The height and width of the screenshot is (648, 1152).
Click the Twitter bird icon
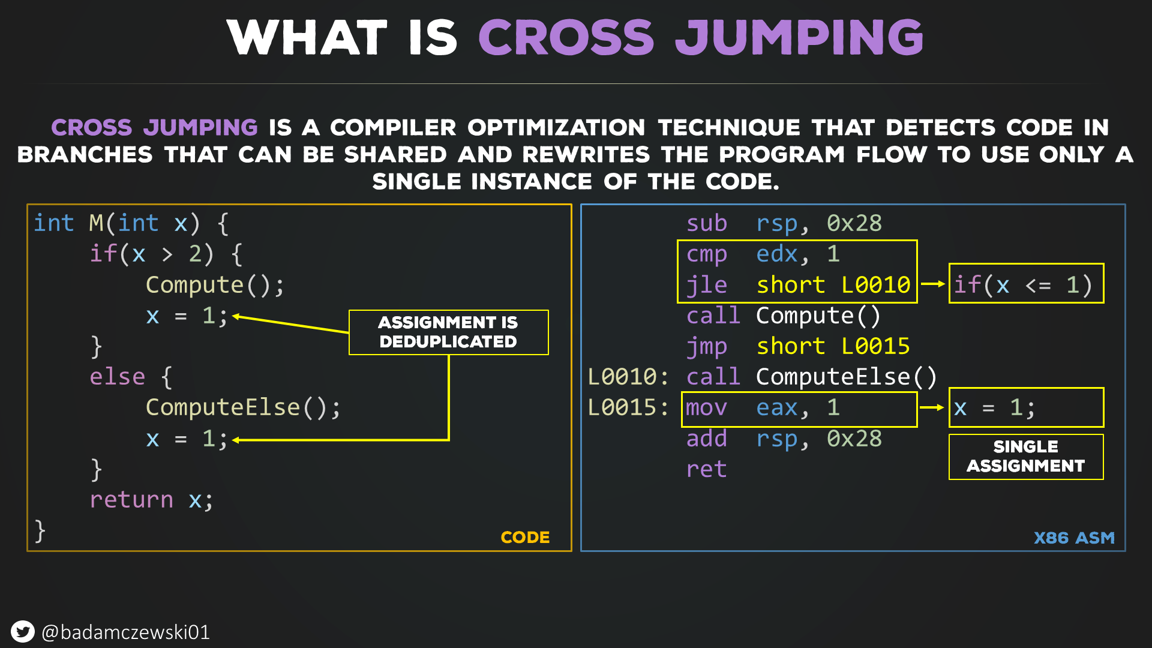(x=23, y=632)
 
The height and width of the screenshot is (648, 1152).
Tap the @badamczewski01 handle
(x=125, y=632)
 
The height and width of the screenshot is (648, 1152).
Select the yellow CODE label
(x=525, y=537)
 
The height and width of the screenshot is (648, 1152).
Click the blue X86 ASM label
(x=1074, y=538)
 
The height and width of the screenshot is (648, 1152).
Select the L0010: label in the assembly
(x=628, y=377)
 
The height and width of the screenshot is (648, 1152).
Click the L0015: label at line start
(x=628, y=407)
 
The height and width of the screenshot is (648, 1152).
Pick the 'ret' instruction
(x=706, y=469)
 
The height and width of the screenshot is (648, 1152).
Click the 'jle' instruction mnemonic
(x=706, y=285)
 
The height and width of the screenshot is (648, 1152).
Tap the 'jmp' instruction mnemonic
(x=706, y=347)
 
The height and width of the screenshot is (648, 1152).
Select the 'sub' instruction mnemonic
(x=706, y=223)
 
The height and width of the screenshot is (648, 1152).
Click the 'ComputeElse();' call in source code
(x=243, y=408)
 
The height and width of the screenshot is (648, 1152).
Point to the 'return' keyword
(x=131, y=500)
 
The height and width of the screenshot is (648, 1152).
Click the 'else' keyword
(x=118, y=377)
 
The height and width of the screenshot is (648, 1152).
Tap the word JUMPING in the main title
(x=799, y=37)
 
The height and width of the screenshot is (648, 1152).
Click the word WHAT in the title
(x=307, y=37)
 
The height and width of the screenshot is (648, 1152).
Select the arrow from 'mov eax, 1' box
(x=932, y=407)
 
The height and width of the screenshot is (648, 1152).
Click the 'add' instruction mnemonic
(x=706, y=439)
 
